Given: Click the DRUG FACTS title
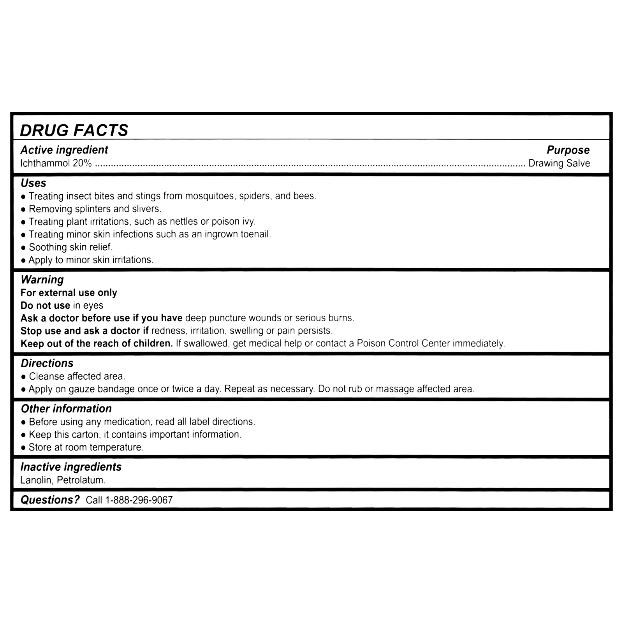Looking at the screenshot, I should (74, 130).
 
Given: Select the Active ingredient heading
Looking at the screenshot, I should (64, 150).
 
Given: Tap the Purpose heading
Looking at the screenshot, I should (568, 150).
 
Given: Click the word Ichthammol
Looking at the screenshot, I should (45, 163).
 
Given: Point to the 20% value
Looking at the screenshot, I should (82, 163).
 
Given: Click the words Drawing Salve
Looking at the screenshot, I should (559, 163).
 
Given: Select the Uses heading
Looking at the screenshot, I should (33, 183).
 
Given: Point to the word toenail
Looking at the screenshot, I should (255, 234).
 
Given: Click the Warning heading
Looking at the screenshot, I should (42, 280).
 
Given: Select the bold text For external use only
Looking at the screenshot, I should (69, 292).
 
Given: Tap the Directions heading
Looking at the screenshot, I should (47, 363).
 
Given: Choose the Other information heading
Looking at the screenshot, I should (66, 408).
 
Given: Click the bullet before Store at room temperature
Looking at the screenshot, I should (24, 448).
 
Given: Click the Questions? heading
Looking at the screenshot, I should (50, 500).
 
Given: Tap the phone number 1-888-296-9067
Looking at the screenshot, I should (139, 500).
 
